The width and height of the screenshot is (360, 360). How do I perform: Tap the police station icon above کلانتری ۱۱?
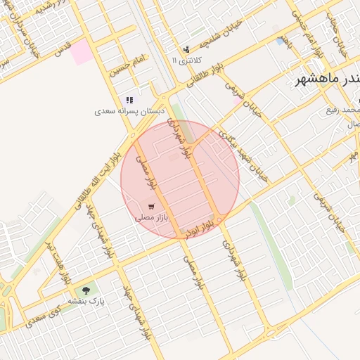pyautogui.click(x=186, y=49)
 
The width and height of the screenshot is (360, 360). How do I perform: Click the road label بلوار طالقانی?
pyautogui.click(x=204, y=74)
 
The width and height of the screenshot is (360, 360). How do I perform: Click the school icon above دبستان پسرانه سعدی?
pyautogui.click(x=130, y=101)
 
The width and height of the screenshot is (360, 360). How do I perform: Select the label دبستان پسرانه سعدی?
pyautogui.click(x=130, y=111)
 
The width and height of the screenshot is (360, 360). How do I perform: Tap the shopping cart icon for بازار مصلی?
pyautogui.click(x=152, y=207)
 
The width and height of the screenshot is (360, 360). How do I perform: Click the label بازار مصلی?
pyautogui.click(x=152, y=218)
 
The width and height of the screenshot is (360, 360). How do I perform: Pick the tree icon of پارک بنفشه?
pyautogui.click(x=86, y=289)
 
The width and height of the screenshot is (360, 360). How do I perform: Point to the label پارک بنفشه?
pyautogui.click(x=86, y=300)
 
